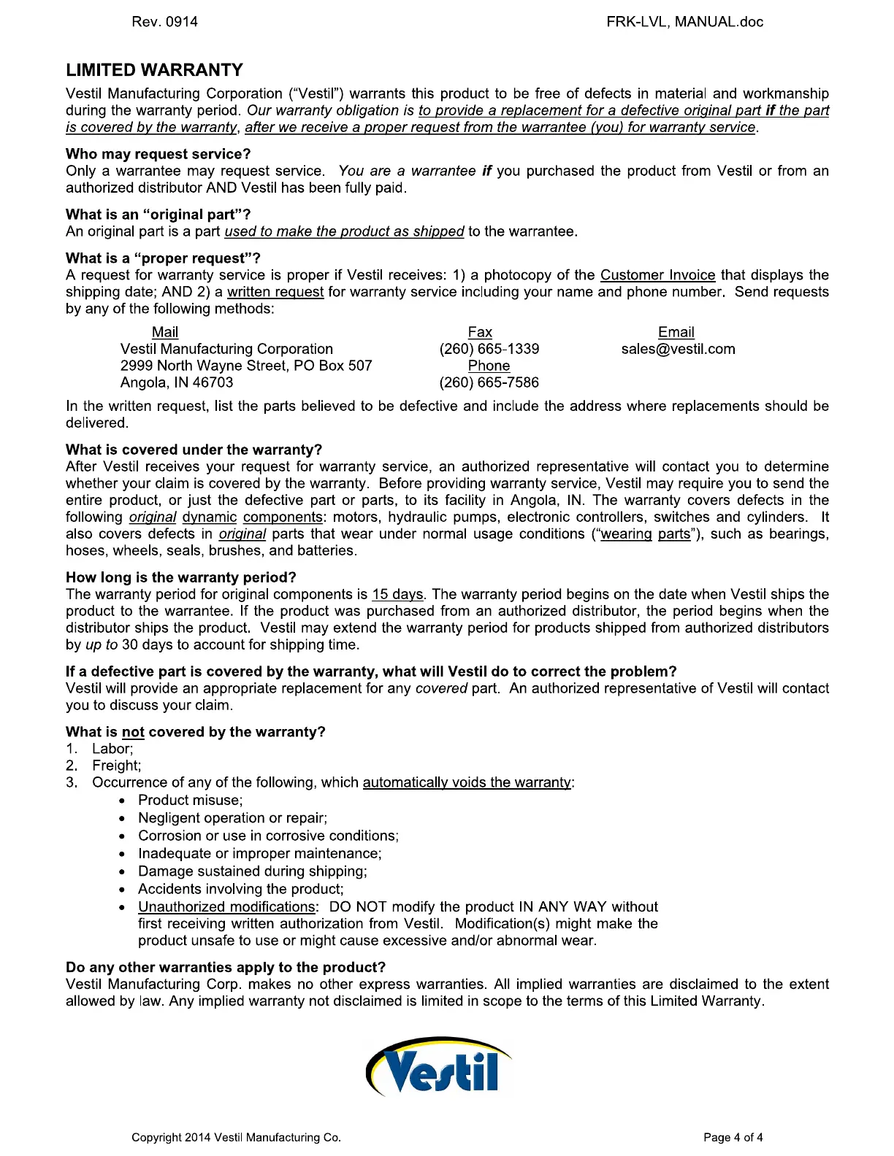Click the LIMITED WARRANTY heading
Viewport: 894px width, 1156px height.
coord(154,70)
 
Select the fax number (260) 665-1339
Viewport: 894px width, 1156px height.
coord(489,349)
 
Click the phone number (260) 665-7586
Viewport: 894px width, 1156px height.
coord(489,382)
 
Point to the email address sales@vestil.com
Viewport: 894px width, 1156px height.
coord(678,349)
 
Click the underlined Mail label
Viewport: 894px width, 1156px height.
coord(165,332)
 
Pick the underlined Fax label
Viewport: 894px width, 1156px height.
coord(480,332)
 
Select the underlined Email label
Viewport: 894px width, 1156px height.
coord(676,332)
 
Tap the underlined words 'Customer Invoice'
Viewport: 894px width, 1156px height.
coord(657,275)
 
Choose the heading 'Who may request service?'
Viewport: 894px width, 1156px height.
coord(158,154)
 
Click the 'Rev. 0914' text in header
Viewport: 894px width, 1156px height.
coord(164,22)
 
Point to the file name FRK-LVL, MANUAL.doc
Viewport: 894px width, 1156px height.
coord(684,22)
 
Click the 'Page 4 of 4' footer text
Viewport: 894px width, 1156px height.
coord(733,1137)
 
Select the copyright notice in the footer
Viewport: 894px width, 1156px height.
coord(236,1137)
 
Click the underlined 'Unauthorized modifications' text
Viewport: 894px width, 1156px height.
coord(226,906)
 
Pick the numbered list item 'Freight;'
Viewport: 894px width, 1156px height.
coord(116,766)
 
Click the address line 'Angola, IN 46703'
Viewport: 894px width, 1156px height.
coord(177,382)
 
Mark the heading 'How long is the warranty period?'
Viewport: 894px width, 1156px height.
coord(181,577)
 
